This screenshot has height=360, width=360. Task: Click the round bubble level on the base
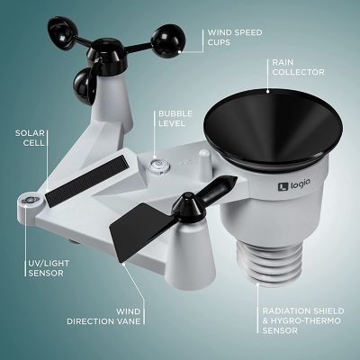tap(160, 165)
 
